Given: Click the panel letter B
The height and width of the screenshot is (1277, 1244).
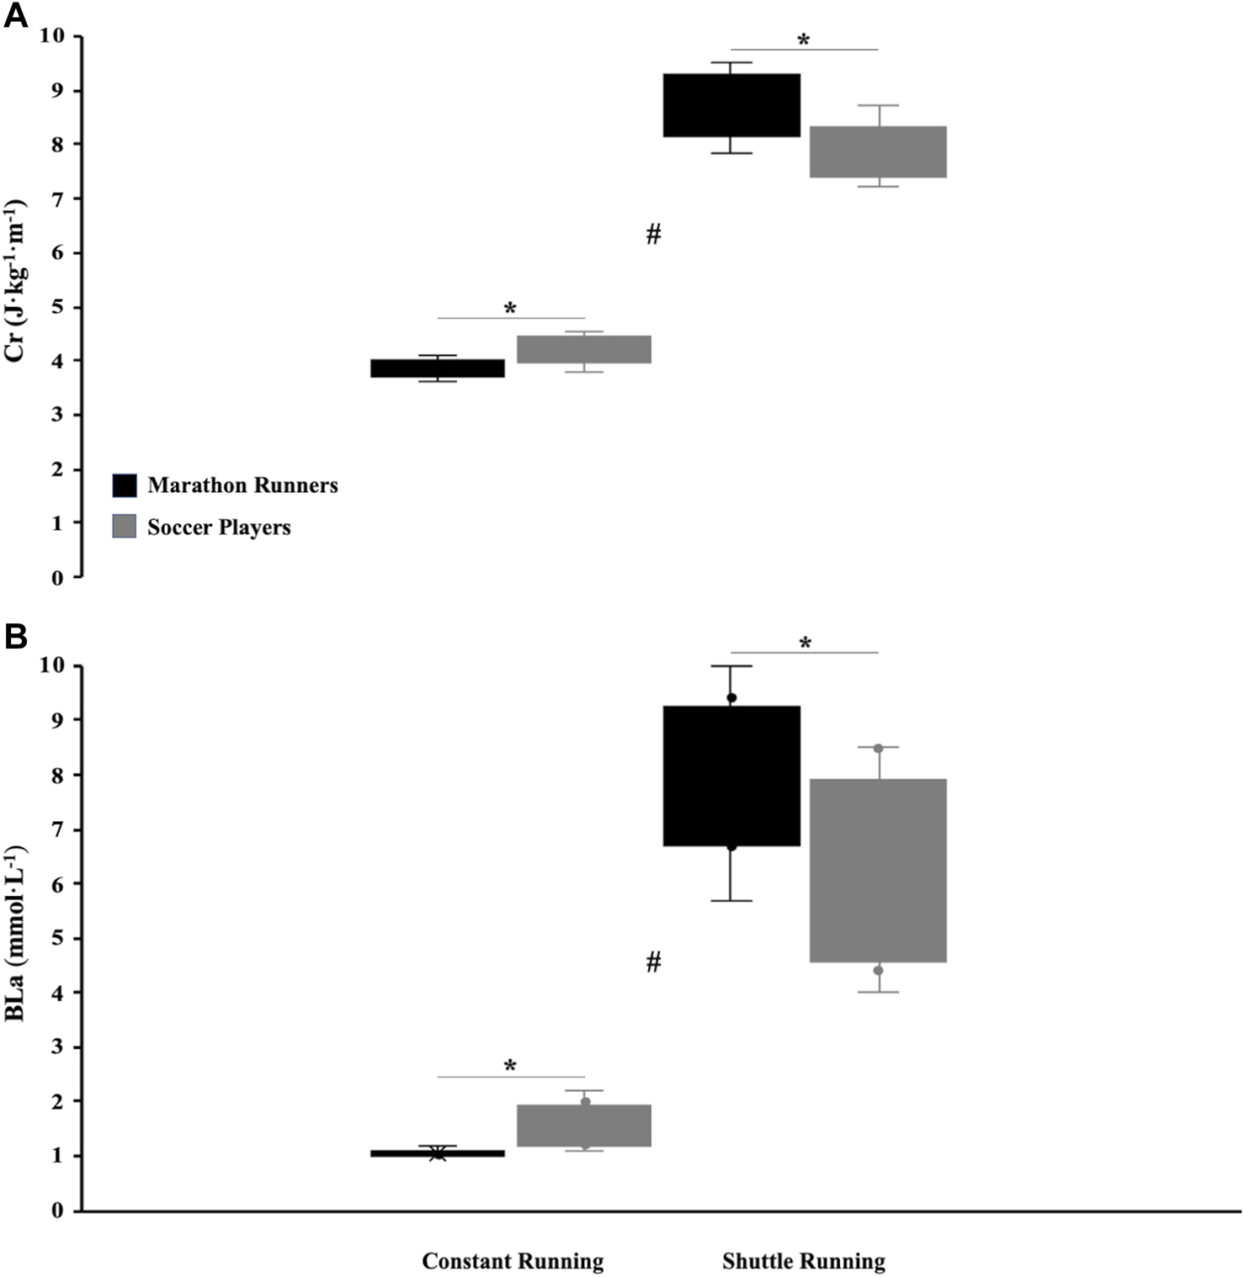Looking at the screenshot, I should [16, 637].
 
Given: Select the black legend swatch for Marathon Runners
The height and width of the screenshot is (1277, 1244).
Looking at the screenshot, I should [125, 485].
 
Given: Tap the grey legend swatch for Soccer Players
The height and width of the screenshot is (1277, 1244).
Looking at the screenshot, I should [125, 527].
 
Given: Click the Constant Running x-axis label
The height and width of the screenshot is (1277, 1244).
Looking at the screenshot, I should [513, 1262].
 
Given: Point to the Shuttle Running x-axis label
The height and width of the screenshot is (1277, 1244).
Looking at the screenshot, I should [803, 1262].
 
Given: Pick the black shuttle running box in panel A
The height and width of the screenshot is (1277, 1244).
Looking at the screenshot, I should [731, 105].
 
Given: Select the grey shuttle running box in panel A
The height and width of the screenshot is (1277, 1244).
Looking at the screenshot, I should [878, 151].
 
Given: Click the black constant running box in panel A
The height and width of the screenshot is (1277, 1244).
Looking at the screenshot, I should [438, 368].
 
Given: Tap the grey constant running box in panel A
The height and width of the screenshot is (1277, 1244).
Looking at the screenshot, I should [584, 349].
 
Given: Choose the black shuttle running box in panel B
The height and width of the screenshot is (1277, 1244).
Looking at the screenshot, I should [731, 776].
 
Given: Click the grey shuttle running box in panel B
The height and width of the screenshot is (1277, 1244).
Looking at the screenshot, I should [878, 871].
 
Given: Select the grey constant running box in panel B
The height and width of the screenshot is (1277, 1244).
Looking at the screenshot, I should [584, 1126].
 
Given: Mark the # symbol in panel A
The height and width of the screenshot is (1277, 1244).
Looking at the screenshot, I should [654, 234].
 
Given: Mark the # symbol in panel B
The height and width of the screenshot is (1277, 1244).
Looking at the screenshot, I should [654, 962].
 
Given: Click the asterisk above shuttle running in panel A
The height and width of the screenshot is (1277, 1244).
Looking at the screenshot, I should [804, 40].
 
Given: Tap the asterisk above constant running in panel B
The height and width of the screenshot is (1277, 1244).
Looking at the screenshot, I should [510, 1067].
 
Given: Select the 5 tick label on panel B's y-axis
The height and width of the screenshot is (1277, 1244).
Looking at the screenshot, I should [57, 938].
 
